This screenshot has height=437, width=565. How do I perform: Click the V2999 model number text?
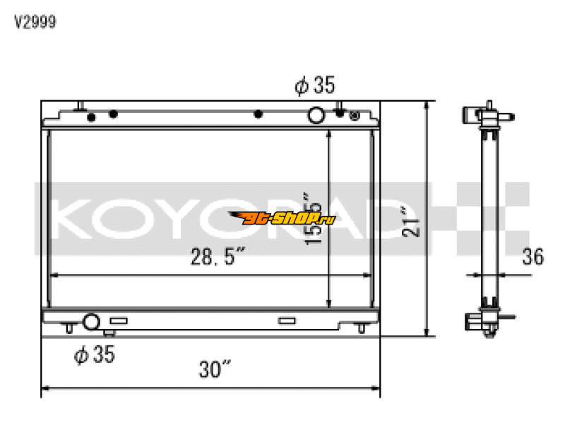coord(35,22)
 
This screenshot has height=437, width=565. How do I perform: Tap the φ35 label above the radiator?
coord(314,86)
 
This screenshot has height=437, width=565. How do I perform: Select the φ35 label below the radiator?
coord(94,355)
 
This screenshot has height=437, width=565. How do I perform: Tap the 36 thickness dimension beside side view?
coord(533,257)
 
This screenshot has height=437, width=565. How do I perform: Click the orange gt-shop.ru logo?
coord(281,218)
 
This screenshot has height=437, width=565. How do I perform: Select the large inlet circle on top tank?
coord(317,115)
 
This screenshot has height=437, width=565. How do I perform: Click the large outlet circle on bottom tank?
coord(90,323)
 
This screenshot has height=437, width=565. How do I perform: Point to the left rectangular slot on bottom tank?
coord(118,321)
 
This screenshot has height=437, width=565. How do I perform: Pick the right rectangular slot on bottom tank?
coord(286,321)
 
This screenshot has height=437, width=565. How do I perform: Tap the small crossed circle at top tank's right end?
coord(355,115)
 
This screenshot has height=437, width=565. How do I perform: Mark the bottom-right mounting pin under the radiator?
coord(361,328)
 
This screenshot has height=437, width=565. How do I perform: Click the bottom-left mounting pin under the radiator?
coord(69,328)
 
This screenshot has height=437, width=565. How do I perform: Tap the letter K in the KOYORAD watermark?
coord(77,219)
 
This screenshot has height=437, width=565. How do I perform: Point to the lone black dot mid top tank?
coord(258,114)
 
